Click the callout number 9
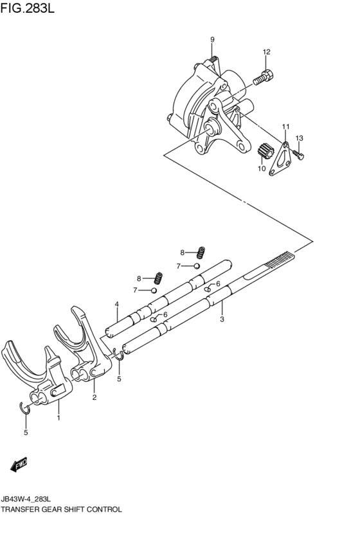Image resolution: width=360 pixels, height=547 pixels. tap(212, 40)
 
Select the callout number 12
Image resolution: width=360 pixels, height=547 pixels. tap(266, 52)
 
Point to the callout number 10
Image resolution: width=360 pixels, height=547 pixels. tap(262, 169)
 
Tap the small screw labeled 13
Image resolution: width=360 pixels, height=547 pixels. tap(298, 154)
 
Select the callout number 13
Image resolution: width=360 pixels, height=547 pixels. tap(299, 138)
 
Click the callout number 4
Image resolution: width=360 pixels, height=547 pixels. tap(116, 304)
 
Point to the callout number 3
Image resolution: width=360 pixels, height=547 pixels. tap(222, 319)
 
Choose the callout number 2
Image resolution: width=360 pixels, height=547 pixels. tap(94, 398)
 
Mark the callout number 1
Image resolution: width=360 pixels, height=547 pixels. tap(59, 418)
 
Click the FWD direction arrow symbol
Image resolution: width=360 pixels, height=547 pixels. tap(18, 463)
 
